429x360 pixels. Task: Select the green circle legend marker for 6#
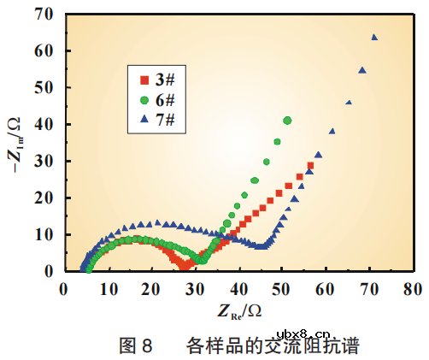(x=144, y=99)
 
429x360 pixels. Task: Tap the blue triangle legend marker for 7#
(x=144, y=118)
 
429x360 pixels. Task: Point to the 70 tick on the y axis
(x=45, y=15)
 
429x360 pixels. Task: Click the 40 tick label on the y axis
(x=45, y=124)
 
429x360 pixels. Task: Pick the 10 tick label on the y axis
(x=45, y=233)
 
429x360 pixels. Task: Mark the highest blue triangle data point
(x=374, y=38)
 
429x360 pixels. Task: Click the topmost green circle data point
(x=287, y=121)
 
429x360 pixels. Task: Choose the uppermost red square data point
(x=310, y=165)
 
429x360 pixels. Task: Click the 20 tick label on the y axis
(x=45, y=198)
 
